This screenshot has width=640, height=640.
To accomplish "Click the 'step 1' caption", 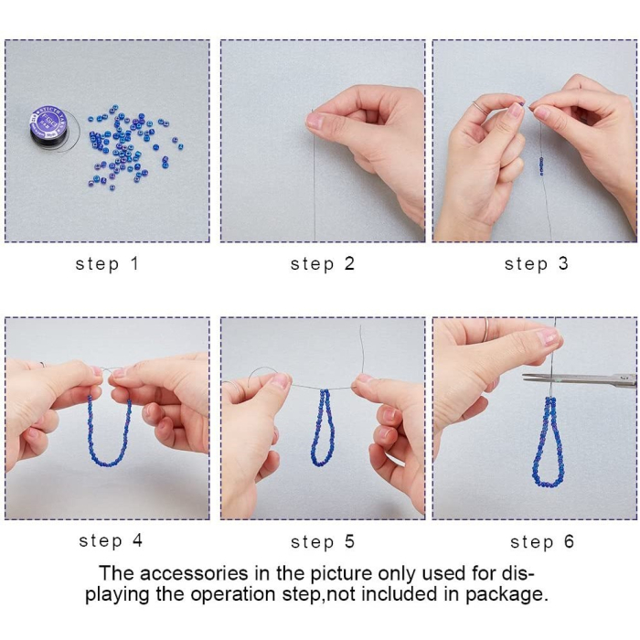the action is [107, 264].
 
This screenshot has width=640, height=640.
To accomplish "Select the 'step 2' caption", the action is [323, 264].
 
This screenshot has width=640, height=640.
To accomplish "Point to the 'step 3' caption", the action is [537, 264].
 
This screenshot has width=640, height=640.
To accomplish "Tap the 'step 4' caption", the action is [111, 541].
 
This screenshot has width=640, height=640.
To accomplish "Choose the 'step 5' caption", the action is [323, 542].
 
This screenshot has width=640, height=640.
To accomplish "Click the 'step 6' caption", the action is [542, 542].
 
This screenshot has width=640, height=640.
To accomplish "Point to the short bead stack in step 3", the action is [541, 165].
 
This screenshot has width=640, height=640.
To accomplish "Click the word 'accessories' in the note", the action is [194, 573].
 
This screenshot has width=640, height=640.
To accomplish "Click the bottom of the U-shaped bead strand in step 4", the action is [109, 464].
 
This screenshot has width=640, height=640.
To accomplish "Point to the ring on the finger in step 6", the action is [485, 331].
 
